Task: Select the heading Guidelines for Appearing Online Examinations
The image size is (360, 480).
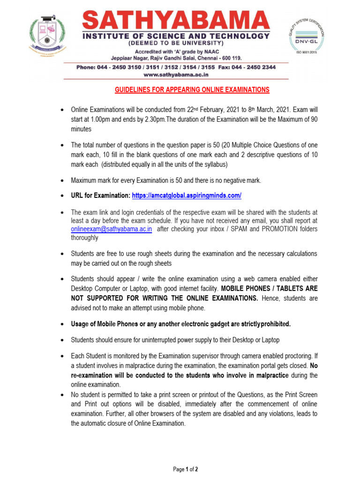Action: [x=192, y=90]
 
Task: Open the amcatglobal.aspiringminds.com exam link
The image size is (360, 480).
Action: [x=187, y=195]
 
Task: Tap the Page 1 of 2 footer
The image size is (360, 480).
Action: [x=186, y=469]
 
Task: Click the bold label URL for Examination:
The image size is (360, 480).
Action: [x=100, y=195]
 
